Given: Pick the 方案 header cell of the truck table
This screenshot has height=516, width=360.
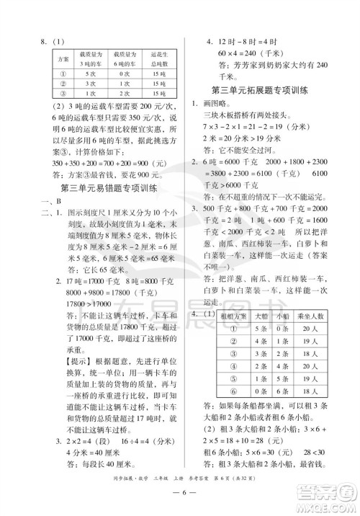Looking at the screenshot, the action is tap(60, 56).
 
